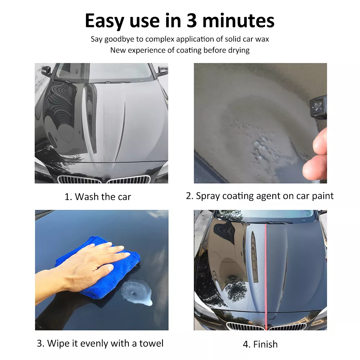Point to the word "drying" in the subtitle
tap(237, 50)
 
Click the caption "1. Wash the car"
tap(97, 197)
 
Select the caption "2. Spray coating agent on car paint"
tap(260, 196)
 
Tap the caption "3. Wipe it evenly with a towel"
tap(100, 343)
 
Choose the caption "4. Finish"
tap(260, 344)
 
